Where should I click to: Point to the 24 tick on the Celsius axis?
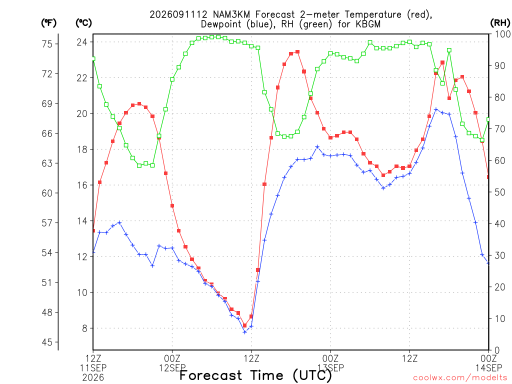(x=82, y=42)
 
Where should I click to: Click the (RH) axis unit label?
(x=500, y=23)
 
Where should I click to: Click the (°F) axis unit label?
(x=48, y=23)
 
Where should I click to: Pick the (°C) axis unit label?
(x=83, y=23)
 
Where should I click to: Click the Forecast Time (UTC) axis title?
(x=255, y=375)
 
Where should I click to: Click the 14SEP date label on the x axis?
(x=488, y=368)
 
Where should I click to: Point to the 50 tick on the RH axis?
(x=500, y=192)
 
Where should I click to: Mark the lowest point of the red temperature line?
(x=244, y=325)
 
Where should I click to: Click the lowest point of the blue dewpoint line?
(x=244, y=332)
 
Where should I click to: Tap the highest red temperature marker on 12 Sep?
(x=297, y=52)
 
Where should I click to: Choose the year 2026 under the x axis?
(x=93, y=378)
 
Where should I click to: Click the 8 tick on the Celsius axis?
(x=84, y=328)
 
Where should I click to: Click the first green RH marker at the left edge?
(x=93, y=59)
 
